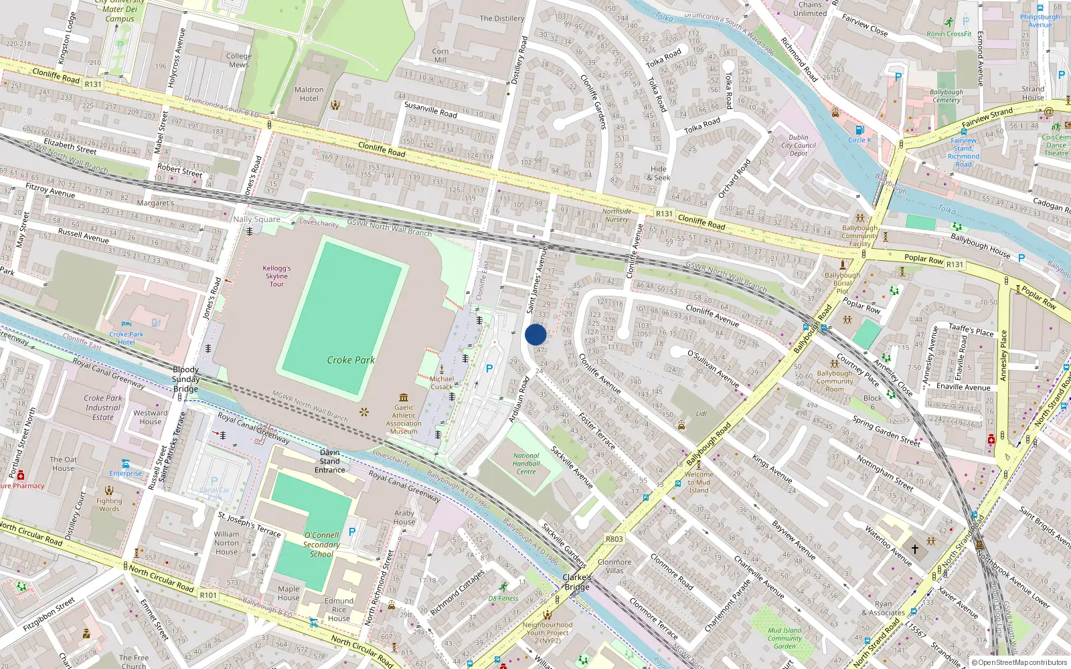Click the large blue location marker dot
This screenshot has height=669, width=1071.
(535, 334)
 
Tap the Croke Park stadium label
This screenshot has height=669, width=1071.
(351, 360)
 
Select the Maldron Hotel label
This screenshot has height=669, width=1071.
(309, 94)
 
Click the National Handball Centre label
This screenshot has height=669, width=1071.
(526, 463)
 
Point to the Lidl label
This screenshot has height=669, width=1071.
(701, 413)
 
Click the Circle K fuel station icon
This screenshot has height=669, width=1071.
(860, 130)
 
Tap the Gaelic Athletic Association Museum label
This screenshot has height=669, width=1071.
(404, 419)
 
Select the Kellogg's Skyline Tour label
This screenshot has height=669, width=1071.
(276, 276)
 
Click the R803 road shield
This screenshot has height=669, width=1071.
(614, 539)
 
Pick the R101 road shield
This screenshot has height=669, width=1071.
(208, 595)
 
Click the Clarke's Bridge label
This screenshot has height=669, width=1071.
(577, 582)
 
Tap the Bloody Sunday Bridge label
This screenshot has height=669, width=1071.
(185, 379)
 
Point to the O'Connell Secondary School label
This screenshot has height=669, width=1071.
(321, 544)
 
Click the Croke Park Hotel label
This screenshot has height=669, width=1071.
(127, 338)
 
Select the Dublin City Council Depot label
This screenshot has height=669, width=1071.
(799, 145)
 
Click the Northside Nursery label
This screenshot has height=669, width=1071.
(616, 215)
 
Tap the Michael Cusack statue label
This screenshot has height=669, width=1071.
(442, 383)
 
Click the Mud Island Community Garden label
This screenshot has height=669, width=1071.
(785, 638)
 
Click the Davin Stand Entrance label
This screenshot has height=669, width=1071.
(330, 461)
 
